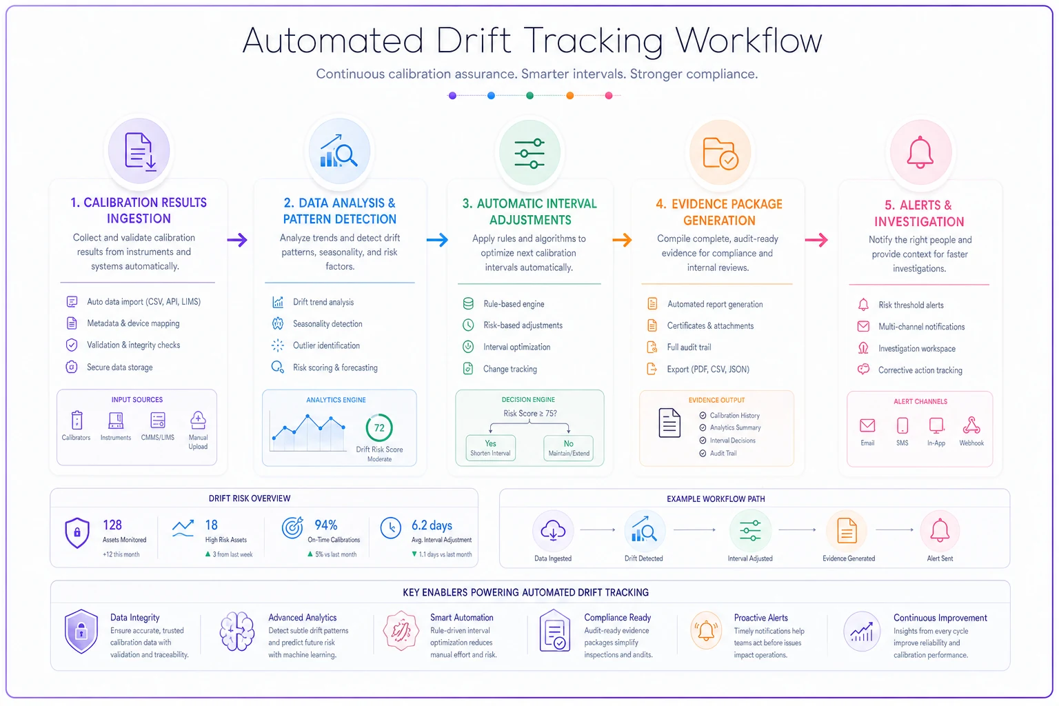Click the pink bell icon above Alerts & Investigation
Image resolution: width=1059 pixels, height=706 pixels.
920,152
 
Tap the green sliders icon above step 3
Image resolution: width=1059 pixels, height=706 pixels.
529,153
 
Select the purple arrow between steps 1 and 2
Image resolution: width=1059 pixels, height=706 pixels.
237,240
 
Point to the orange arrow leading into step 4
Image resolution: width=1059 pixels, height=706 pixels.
622,240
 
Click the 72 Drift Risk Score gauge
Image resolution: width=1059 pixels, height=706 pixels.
379,427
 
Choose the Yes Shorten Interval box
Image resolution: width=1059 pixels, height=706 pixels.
490,448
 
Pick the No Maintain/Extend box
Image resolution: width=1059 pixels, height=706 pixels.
568,448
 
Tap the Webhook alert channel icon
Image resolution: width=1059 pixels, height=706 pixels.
971,425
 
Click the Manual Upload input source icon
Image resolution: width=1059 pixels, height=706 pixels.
198,420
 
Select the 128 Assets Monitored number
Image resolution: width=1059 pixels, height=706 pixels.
112,525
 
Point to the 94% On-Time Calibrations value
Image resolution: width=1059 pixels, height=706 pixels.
325,525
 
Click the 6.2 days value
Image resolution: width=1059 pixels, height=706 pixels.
432,525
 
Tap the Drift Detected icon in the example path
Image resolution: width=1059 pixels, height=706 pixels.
644,529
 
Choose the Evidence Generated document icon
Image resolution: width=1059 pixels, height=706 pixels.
846,531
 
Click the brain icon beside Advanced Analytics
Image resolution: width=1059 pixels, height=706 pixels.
237,632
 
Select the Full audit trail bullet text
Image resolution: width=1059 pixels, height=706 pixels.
689,347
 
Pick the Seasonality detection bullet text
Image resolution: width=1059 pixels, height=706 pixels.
327,324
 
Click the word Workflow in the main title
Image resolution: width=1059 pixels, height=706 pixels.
749,41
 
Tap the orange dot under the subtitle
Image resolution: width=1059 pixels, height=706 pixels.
569,96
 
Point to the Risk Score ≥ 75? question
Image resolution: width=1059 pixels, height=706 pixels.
530,413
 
